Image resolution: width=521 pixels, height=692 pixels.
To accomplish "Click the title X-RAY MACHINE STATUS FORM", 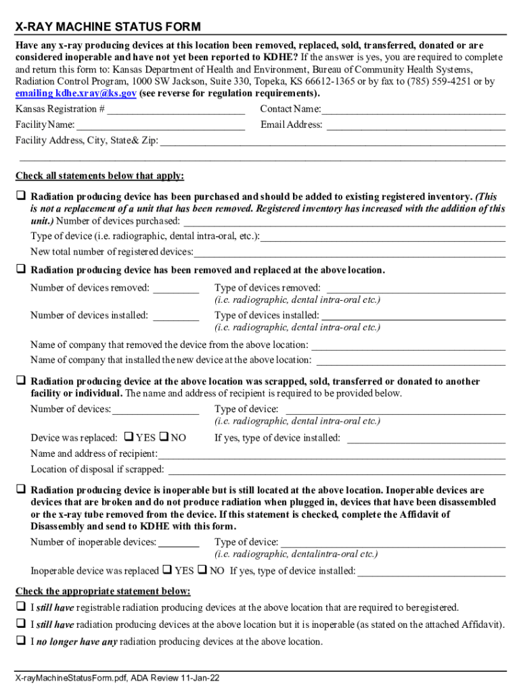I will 108,27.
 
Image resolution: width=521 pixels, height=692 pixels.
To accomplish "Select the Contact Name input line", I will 413,109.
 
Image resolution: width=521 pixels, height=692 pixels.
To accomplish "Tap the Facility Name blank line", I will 161,125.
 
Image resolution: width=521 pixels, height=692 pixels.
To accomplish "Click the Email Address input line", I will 416,125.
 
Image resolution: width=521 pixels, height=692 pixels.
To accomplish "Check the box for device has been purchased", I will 21,196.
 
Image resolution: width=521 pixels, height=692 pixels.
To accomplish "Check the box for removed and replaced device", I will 21,270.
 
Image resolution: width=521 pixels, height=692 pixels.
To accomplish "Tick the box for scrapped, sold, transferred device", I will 21,381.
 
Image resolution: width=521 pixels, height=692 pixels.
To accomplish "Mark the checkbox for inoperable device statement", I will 21,489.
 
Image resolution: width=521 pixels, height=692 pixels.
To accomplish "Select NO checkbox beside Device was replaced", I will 164,437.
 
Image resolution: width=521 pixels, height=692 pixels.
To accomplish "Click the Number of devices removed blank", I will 176,289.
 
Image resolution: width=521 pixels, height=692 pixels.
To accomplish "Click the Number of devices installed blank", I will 176,316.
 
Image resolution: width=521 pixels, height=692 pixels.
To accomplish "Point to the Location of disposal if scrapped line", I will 336,470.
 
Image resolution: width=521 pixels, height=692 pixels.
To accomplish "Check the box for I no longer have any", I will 21,641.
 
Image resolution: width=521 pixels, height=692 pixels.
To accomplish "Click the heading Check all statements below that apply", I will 99,176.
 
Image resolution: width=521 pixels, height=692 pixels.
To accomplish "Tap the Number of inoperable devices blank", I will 179,542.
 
